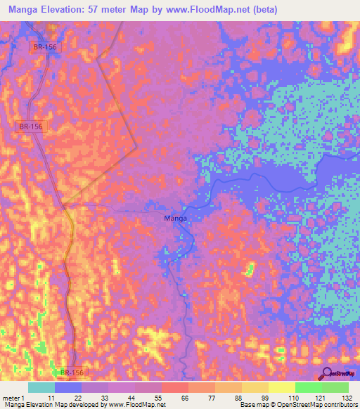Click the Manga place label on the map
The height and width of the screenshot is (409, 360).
click(175, 219)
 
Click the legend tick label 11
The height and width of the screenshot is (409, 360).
click(51, 398)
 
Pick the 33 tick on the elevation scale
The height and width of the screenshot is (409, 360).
click(105, 398)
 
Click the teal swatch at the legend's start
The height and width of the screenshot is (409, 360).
click(41, 387)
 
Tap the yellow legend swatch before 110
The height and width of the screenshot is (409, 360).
click(281, 387)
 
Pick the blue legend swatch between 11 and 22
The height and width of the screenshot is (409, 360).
click(68, 387)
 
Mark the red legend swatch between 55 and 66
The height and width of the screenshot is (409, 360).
click(175, 387)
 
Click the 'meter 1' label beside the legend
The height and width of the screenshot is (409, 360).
click(14, 398)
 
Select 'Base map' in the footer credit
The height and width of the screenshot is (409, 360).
click(255, 405)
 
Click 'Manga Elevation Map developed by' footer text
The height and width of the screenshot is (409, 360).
click(51, 405)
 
